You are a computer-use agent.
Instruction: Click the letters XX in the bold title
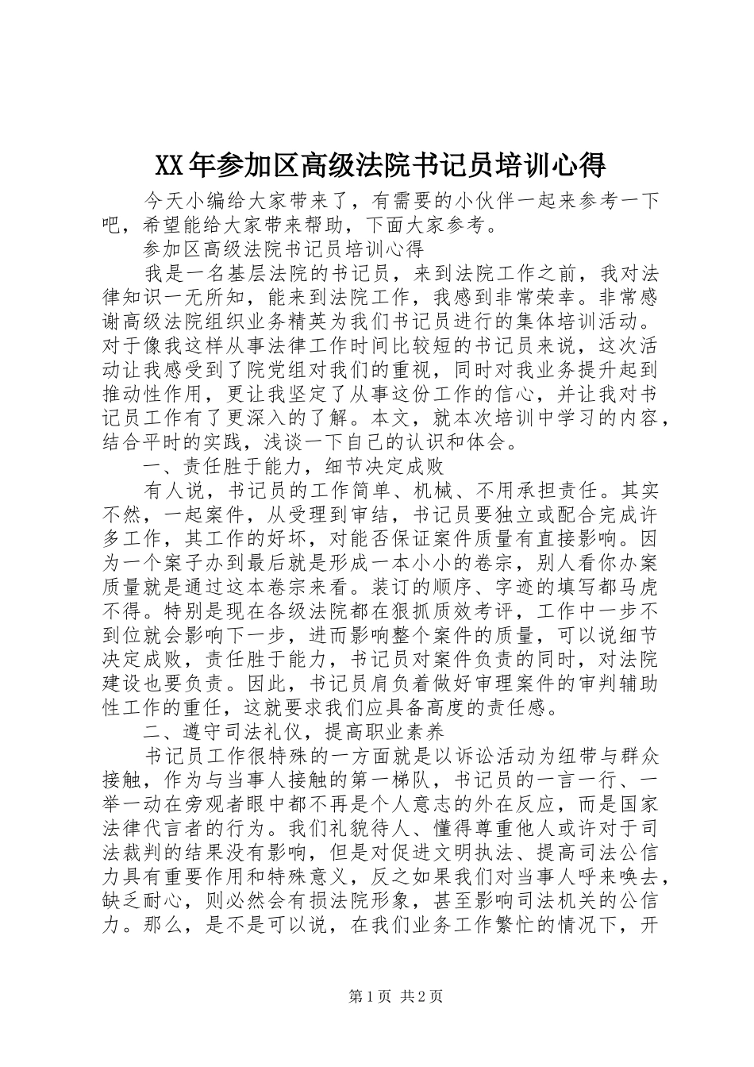(167, 165)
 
